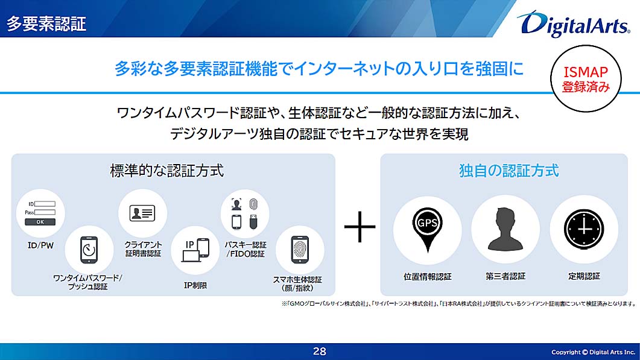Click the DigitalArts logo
pos(574,24)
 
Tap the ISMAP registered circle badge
pos(586,79)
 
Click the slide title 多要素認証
pos(46,24)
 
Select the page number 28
pos(320,352)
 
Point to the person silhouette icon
pos(505,229)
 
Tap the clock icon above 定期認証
pos(584,229)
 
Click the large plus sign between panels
pos(360,227)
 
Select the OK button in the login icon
pos(40,222)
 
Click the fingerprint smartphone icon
pos(300,250)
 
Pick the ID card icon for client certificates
pos(142,213)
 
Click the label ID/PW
pos(40,245)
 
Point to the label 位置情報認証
pos(427,276)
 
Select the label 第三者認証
pos(505,276)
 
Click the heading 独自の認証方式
pos(509,171)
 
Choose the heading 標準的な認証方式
pos(167,171)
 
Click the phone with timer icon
pos(89,250)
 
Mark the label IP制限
pos(195,285)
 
